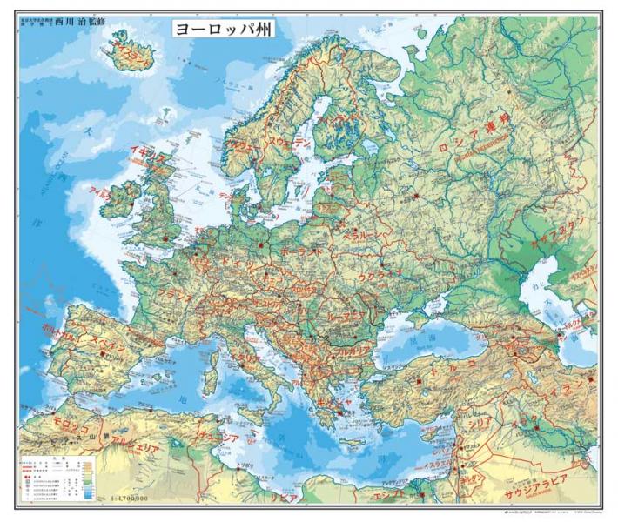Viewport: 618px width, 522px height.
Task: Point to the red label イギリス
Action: [147, 157]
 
